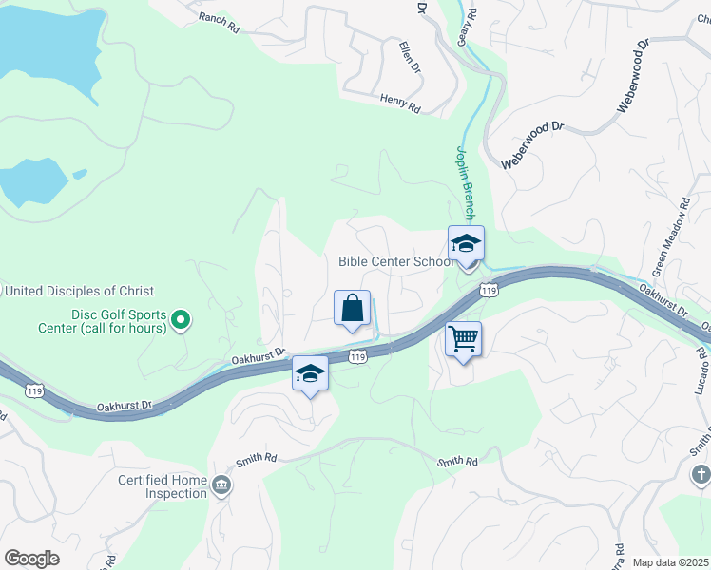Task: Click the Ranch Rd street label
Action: pyautogui.click(x=219, y=22)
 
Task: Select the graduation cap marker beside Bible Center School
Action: pyautogui.click(x=466, y=244)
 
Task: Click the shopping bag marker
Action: pyautogui.click(x=352, y=308)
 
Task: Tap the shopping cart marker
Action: pyautogui.click(x=463, y=338)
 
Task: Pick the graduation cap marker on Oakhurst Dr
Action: pyautogui.click(x=310, y=373)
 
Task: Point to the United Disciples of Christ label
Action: pyautogui.click(x=79, y=291)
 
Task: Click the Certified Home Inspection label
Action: pyautogui.click(x=162, y=486)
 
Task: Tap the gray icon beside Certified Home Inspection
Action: pyautogui.click(x=221, y=486)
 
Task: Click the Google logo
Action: pyautogui.click(x=31, y=558)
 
